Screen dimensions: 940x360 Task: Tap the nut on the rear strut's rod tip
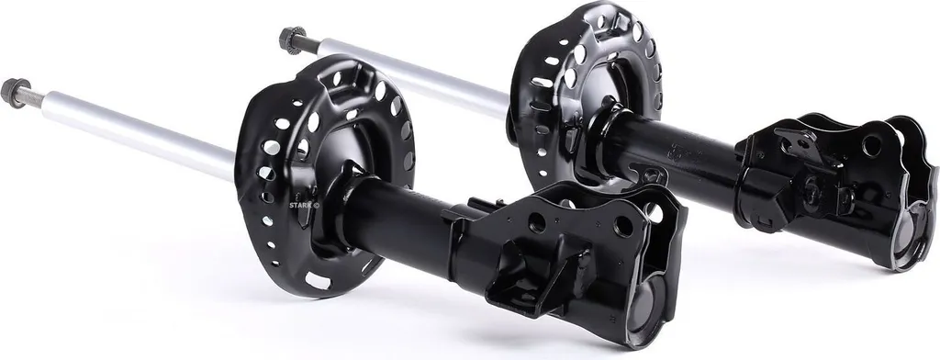coord(292,40)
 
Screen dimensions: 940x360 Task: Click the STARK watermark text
coord(305,205)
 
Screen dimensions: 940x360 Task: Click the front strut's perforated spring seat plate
coord(324,174)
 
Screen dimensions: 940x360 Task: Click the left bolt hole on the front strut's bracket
coord(536,223)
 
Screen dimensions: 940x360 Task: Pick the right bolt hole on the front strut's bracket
coord(623,225)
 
